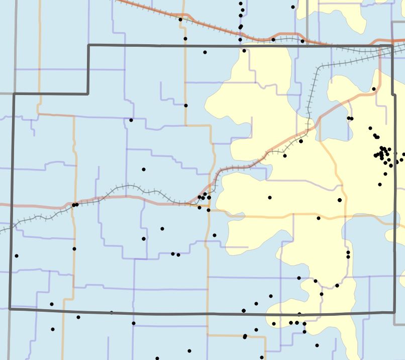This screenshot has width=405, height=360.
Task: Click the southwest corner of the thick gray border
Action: point(10,308)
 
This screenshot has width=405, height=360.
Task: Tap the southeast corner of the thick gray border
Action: point(395,312)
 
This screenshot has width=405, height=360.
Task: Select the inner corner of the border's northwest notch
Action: point(88,94)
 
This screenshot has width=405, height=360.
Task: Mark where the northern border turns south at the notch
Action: point(88,45)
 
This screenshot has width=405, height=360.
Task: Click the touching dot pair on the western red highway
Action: point(75,205)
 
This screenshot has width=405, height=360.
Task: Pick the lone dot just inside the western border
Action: point(16,256)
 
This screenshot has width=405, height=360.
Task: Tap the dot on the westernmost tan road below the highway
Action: point(74,249)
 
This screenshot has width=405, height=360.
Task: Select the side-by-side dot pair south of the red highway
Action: point(175,254)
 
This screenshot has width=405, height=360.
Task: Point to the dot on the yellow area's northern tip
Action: point(244,51)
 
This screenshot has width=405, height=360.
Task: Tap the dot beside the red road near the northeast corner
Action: point(374,89)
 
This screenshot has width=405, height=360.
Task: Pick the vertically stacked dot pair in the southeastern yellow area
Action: point(348,254)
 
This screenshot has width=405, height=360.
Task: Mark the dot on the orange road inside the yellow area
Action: point(319,218)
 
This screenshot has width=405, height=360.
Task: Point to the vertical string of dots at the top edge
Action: point(241,15)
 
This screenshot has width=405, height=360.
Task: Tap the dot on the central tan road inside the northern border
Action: point(186,106)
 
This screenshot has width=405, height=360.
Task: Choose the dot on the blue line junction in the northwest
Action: point(131,120)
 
